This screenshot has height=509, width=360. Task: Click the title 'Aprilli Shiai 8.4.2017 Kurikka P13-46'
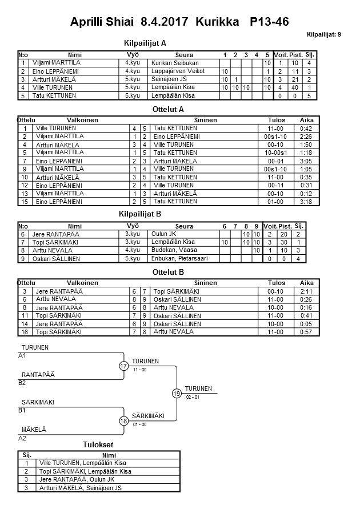tap(179, 22)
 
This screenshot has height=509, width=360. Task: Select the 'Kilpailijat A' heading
tap(145, 43)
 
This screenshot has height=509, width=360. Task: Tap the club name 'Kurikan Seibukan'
tap(171, 62)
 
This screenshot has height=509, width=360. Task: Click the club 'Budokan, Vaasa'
tap(171, 250)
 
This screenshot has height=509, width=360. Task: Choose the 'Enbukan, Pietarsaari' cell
tap(177, 259)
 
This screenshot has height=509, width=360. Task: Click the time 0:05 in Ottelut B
tap(307, 323)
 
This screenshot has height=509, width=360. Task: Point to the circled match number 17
tap(124, 366)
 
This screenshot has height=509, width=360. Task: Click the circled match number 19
tap(177, 394)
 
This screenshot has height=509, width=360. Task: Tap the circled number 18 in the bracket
tap(124, 421)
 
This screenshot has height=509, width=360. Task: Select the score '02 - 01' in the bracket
tap(193, 397)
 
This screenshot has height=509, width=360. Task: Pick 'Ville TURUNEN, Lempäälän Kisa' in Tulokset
tap(82, 463)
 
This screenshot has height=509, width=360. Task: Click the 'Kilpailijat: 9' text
tap(324, 34)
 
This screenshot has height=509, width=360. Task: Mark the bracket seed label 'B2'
tap(22, 383)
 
